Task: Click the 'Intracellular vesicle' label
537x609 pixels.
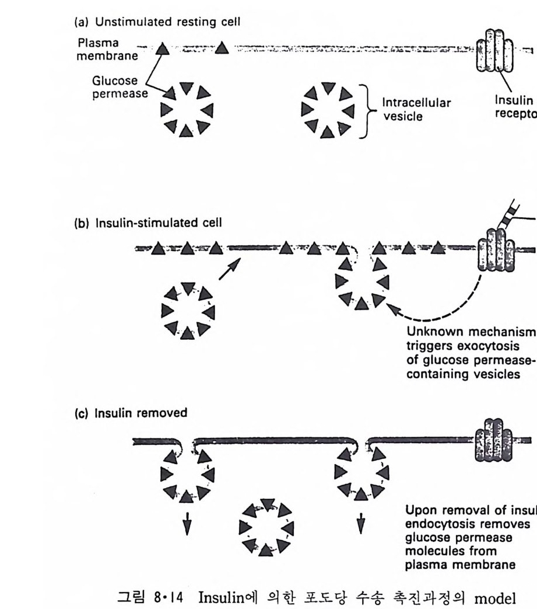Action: (x=416, y=110)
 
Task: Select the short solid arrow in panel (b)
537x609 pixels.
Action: (x=229, y=270)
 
